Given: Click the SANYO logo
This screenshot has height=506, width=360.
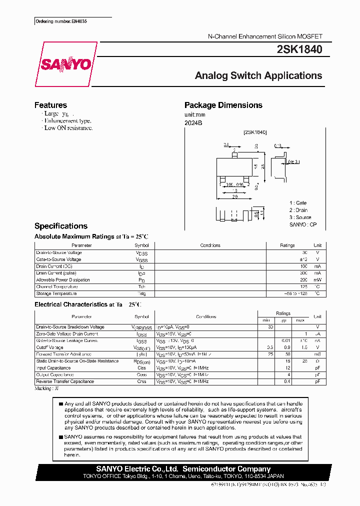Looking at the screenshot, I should (66, 64).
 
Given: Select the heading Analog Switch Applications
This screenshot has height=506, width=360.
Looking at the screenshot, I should (258, 75).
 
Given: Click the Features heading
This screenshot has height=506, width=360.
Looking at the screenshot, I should (50, 105).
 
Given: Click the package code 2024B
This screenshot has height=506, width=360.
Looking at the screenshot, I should (193, 123).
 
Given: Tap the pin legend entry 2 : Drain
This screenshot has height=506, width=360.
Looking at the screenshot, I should (299, 210).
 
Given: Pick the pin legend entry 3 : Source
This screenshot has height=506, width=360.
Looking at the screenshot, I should (300, 217).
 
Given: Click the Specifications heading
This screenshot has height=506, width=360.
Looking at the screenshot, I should (60, 226).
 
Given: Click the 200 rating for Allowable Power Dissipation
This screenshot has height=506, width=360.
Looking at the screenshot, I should (304, 280).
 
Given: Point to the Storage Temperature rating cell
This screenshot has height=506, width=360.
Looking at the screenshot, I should (296, 293).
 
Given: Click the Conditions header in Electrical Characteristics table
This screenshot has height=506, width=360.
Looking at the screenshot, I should (206, 316).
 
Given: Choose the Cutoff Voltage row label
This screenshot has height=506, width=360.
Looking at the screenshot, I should (49, 347).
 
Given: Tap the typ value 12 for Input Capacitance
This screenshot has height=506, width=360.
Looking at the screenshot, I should (288, 367).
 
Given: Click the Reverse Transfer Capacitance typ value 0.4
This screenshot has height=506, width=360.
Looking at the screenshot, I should (287, 381).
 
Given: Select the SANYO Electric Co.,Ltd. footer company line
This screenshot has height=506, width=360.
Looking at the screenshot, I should (182, 469).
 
